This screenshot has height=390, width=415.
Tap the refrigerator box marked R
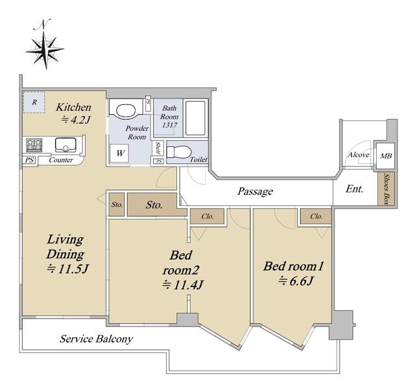pyautogui.click(x=34, y=102)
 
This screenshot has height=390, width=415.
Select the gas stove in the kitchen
pyautogui.click(x=34, y=145)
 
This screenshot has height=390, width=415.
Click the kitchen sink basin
pyautogui.click(x=65, y=145)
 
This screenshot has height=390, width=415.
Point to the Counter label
pyautogui.click(x=61, y=160)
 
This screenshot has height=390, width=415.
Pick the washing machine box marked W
pyautogui.click(x=119, y=153)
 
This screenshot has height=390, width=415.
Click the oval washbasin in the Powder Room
pyautogui.click(x=126, y=111)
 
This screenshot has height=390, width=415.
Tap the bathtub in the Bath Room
pyautogui.click(x=195, y=118)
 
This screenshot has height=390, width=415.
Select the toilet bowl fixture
pyautogui.click(x=179, y=152)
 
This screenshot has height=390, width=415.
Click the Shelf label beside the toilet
pyautogui.click(x=158, y=148)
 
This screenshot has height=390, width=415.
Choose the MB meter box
pyautogui.click(x=386, y=156)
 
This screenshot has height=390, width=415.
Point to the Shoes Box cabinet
pyautogui.click(x=386, y=189)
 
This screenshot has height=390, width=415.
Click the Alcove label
pyautogui.click(x=359, y=155)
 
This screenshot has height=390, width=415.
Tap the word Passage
pyautogui.click(x=255, y=191)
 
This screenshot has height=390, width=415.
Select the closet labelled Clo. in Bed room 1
pyautogui.click(x=316, y=216)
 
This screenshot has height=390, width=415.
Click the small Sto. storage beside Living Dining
pyautogui.click(x=117, y=204)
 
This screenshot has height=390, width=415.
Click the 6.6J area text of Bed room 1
pyautogui.click(x=296, y=281)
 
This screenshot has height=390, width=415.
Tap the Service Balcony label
pyautogui.click(x=96, y=339)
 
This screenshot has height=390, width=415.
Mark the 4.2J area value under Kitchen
pyautogui.click(x=76, y=120)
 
